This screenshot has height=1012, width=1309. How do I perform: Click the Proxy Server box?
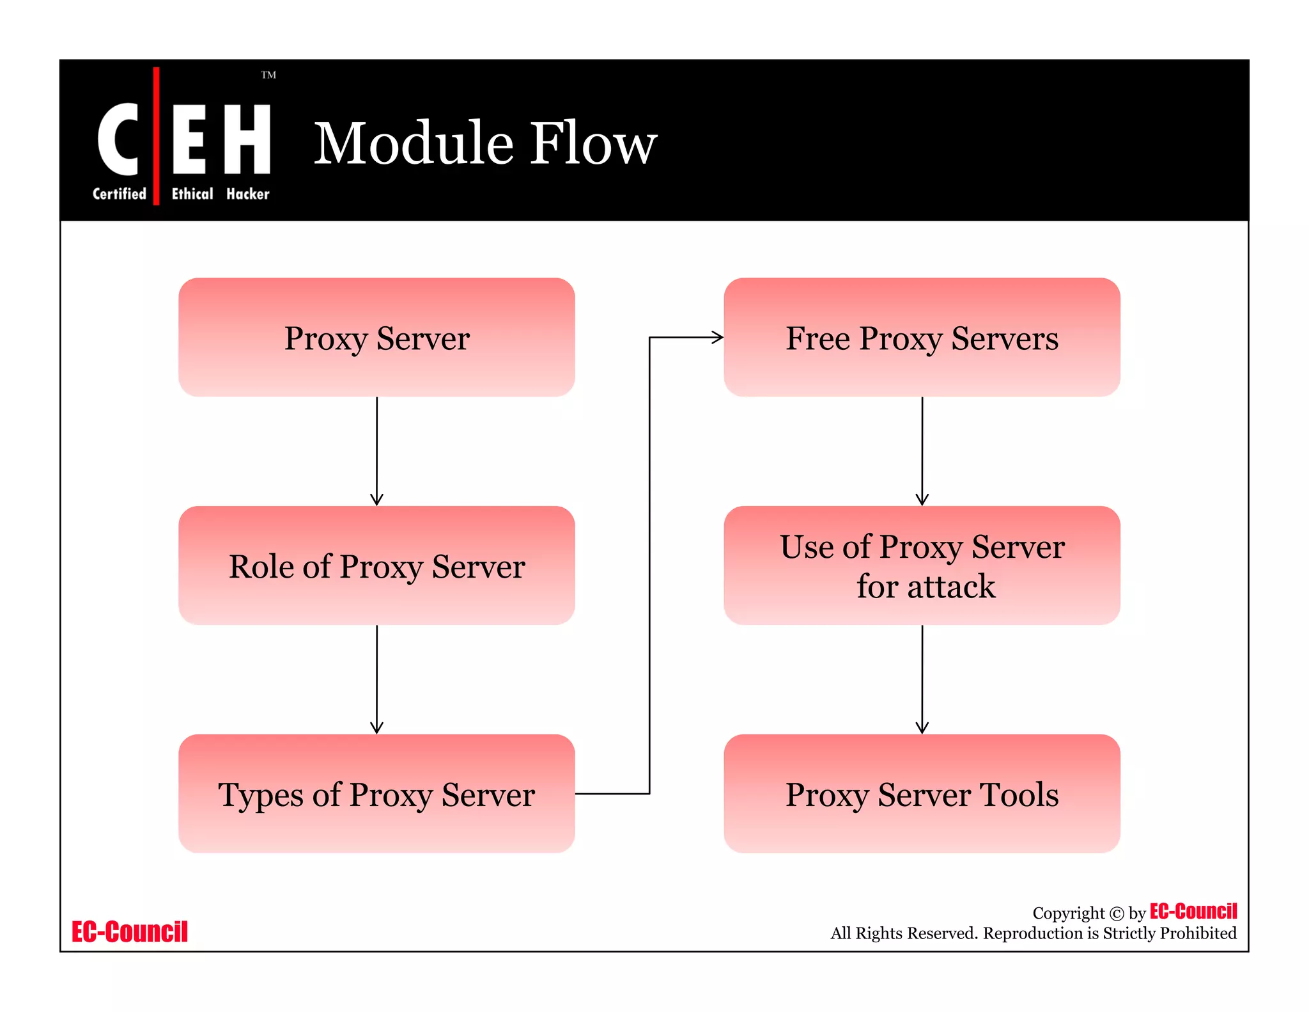click(x=376, y=337)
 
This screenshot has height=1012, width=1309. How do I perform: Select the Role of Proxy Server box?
click(x=376, y=565)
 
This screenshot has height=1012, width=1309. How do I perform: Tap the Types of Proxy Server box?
click(x=376, y=794)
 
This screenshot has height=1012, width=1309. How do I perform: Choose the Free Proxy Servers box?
click(x=922, y=337)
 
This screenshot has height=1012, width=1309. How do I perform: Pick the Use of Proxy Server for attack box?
click(x=922, y=565)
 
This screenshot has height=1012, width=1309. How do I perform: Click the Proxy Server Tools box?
click(x=922, y=794)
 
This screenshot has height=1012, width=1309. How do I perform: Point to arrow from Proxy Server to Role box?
click(x=376, y=451)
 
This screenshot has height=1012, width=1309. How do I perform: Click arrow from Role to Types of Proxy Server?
click(x=376, y=679)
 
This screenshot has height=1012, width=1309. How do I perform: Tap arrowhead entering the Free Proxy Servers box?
click(x=717, y=337)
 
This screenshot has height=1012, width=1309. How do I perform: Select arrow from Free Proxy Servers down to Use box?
click(x=922, y=451)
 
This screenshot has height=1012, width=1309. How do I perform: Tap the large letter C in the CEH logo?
click(x=118, y=139)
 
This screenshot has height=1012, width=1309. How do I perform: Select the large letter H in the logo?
click(x=247, y=139)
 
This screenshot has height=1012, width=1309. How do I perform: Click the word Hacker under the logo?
click(x=247, y=194)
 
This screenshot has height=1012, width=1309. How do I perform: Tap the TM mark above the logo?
click(x=268, y=75)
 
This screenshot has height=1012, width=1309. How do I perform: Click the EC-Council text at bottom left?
click(x=130, y=932)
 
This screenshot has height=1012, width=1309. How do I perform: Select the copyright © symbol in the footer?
click(x=1116, y=913)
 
